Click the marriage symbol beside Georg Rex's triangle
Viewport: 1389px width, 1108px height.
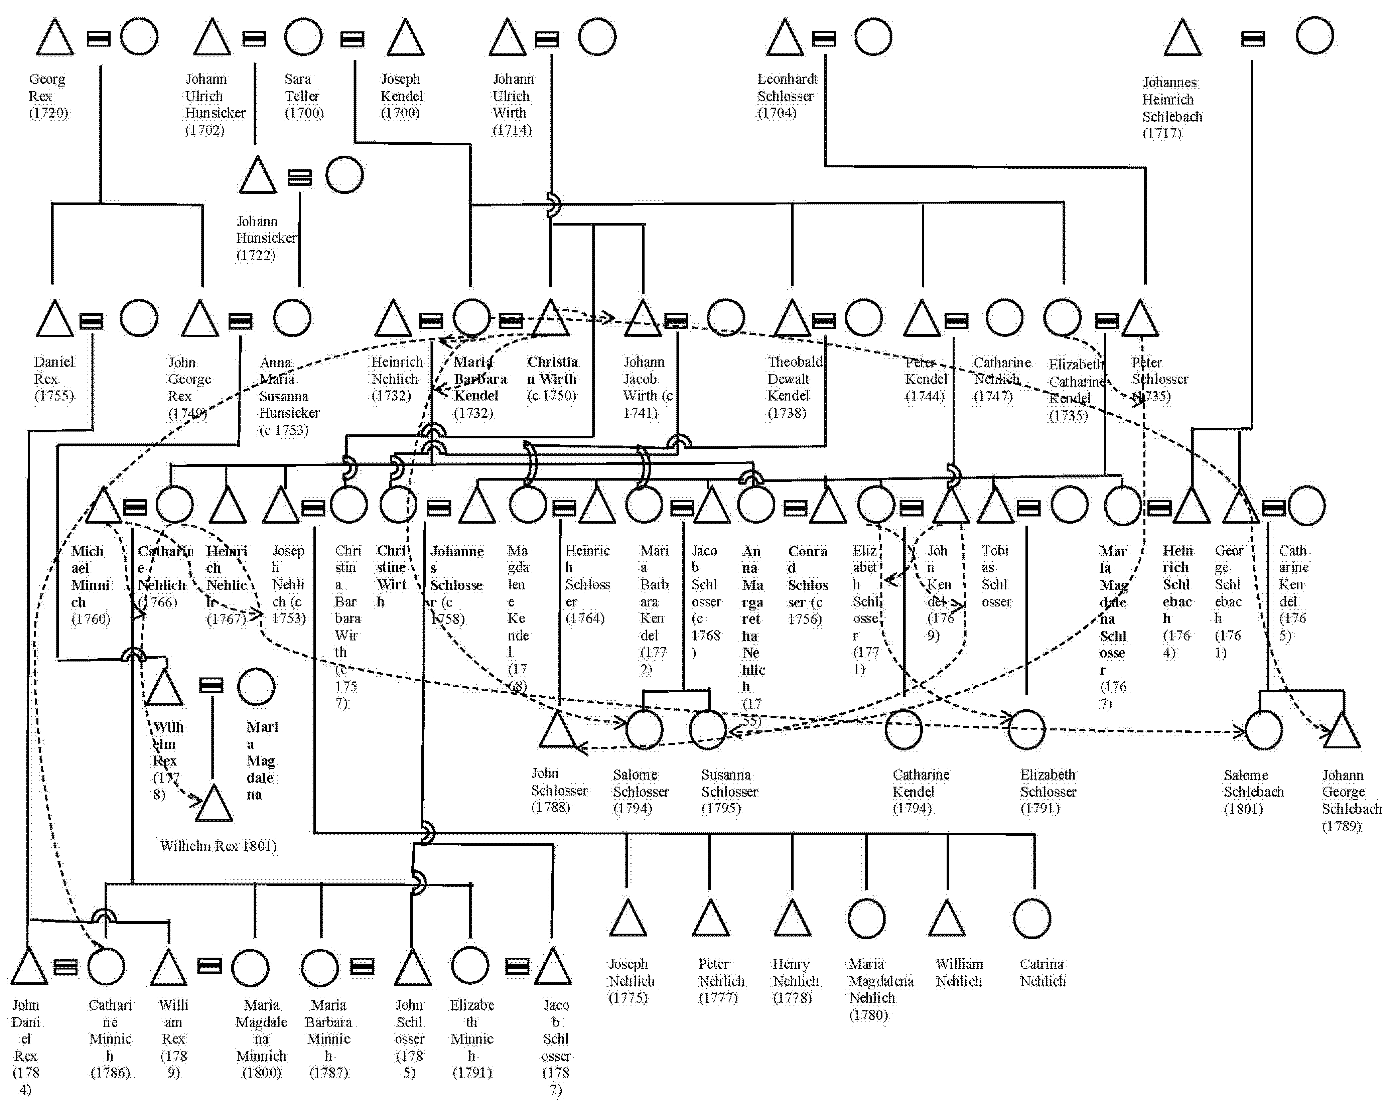99,39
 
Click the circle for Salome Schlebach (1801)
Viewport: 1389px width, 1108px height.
1263,730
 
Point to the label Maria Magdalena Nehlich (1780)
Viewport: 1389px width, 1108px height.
880,989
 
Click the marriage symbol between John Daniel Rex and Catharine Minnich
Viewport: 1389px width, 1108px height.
65,967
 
